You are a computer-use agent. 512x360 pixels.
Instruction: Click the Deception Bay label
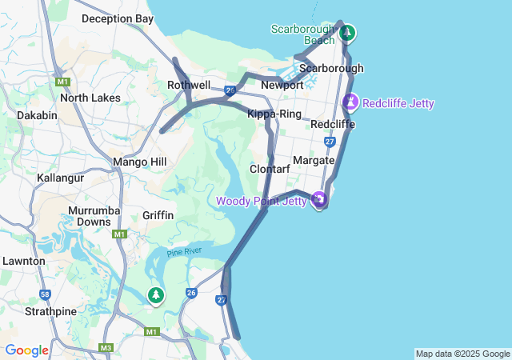click(x=117, y=18)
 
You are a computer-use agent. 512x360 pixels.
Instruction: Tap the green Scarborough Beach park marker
click(x=347, y=34)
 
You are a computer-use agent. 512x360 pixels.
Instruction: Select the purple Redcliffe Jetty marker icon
click(x=350, y=103)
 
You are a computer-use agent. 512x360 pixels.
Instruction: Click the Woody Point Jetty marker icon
click(x=320, y=199)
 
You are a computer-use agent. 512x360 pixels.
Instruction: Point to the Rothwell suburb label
click(x=189, y=85)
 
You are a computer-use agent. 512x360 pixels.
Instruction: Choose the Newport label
click(x=282, y=85)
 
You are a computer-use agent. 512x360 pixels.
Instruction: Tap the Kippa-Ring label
click(x=274, y=114)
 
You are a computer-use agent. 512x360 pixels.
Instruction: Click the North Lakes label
click(x=90, y=98)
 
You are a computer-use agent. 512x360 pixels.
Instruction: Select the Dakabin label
click(x=37, y=115)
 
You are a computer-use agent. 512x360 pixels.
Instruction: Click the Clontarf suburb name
click(x=270, y=170)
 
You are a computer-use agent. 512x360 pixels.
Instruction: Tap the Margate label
click(x=313, y=160)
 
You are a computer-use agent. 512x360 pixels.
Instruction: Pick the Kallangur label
click(x=60, y=178)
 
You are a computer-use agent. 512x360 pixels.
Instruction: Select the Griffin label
click(x=158, y=215)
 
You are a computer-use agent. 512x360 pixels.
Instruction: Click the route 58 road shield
click(x=46, y=294)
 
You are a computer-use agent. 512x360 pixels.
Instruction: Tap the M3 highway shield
click(x=106, y=348)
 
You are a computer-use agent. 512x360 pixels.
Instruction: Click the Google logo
click(x=26, y=350)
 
